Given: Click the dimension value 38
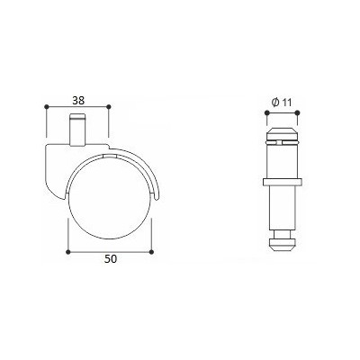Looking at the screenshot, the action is pyautogui.click(x=78, y=100).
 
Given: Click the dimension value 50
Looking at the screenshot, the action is pyautogui.click(x=110, y=259).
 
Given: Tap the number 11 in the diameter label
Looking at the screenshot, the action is pyautogui.click(x=286, y=103).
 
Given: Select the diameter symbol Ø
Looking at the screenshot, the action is pyautogui.click(x=275, y=103).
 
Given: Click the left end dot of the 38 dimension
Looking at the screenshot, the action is pyautogui.click(x=46, y=106).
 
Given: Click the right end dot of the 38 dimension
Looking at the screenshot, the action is pyautogui.click(x=109, y=106).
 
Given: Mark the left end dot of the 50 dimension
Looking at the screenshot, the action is pyautogui.click(x=68, y=251).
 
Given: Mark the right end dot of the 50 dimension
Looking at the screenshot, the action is pyautogui.click(x=151, y=251).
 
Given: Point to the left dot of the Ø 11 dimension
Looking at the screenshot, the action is pyautogui.click(x=266, y=112).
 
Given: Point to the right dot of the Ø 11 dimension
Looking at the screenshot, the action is pyautogui.click(x=297, y=112).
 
